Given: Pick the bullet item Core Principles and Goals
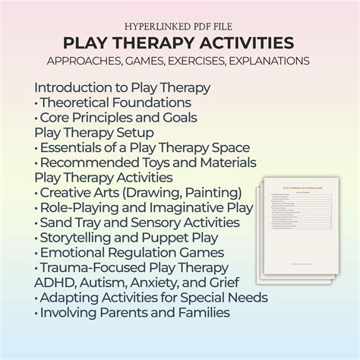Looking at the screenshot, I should tap(118, 116).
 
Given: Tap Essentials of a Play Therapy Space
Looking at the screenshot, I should tap(144, 147).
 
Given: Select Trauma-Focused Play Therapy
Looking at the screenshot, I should tap(133, 267).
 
